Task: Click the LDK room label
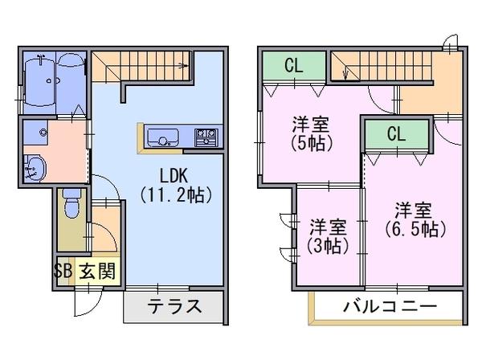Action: (174, 176)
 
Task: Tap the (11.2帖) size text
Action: (176, 195)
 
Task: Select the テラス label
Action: (174, 306)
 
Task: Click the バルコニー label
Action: (390, 306)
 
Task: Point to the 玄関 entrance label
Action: (97, 271)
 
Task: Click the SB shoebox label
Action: (63, 271)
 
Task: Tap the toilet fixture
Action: (72, 203)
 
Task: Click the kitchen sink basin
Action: (163, 137)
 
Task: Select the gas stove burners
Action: (206, 137)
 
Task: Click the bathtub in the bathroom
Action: (39, 82)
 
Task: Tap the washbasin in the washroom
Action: (35, 168)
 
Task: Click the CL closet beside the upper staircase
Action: (294, 65)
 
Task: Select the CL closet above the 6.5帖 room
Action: (397, 134)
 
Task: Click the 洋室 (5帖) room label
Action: (311, 133)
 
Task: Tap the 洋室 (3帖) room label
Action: (328, 235)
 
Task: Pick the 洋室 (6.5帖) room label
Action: (415, 220)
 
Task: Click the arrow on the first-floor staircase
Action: (184, 65)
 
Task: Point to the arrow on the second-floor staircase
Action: (345, 73)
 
